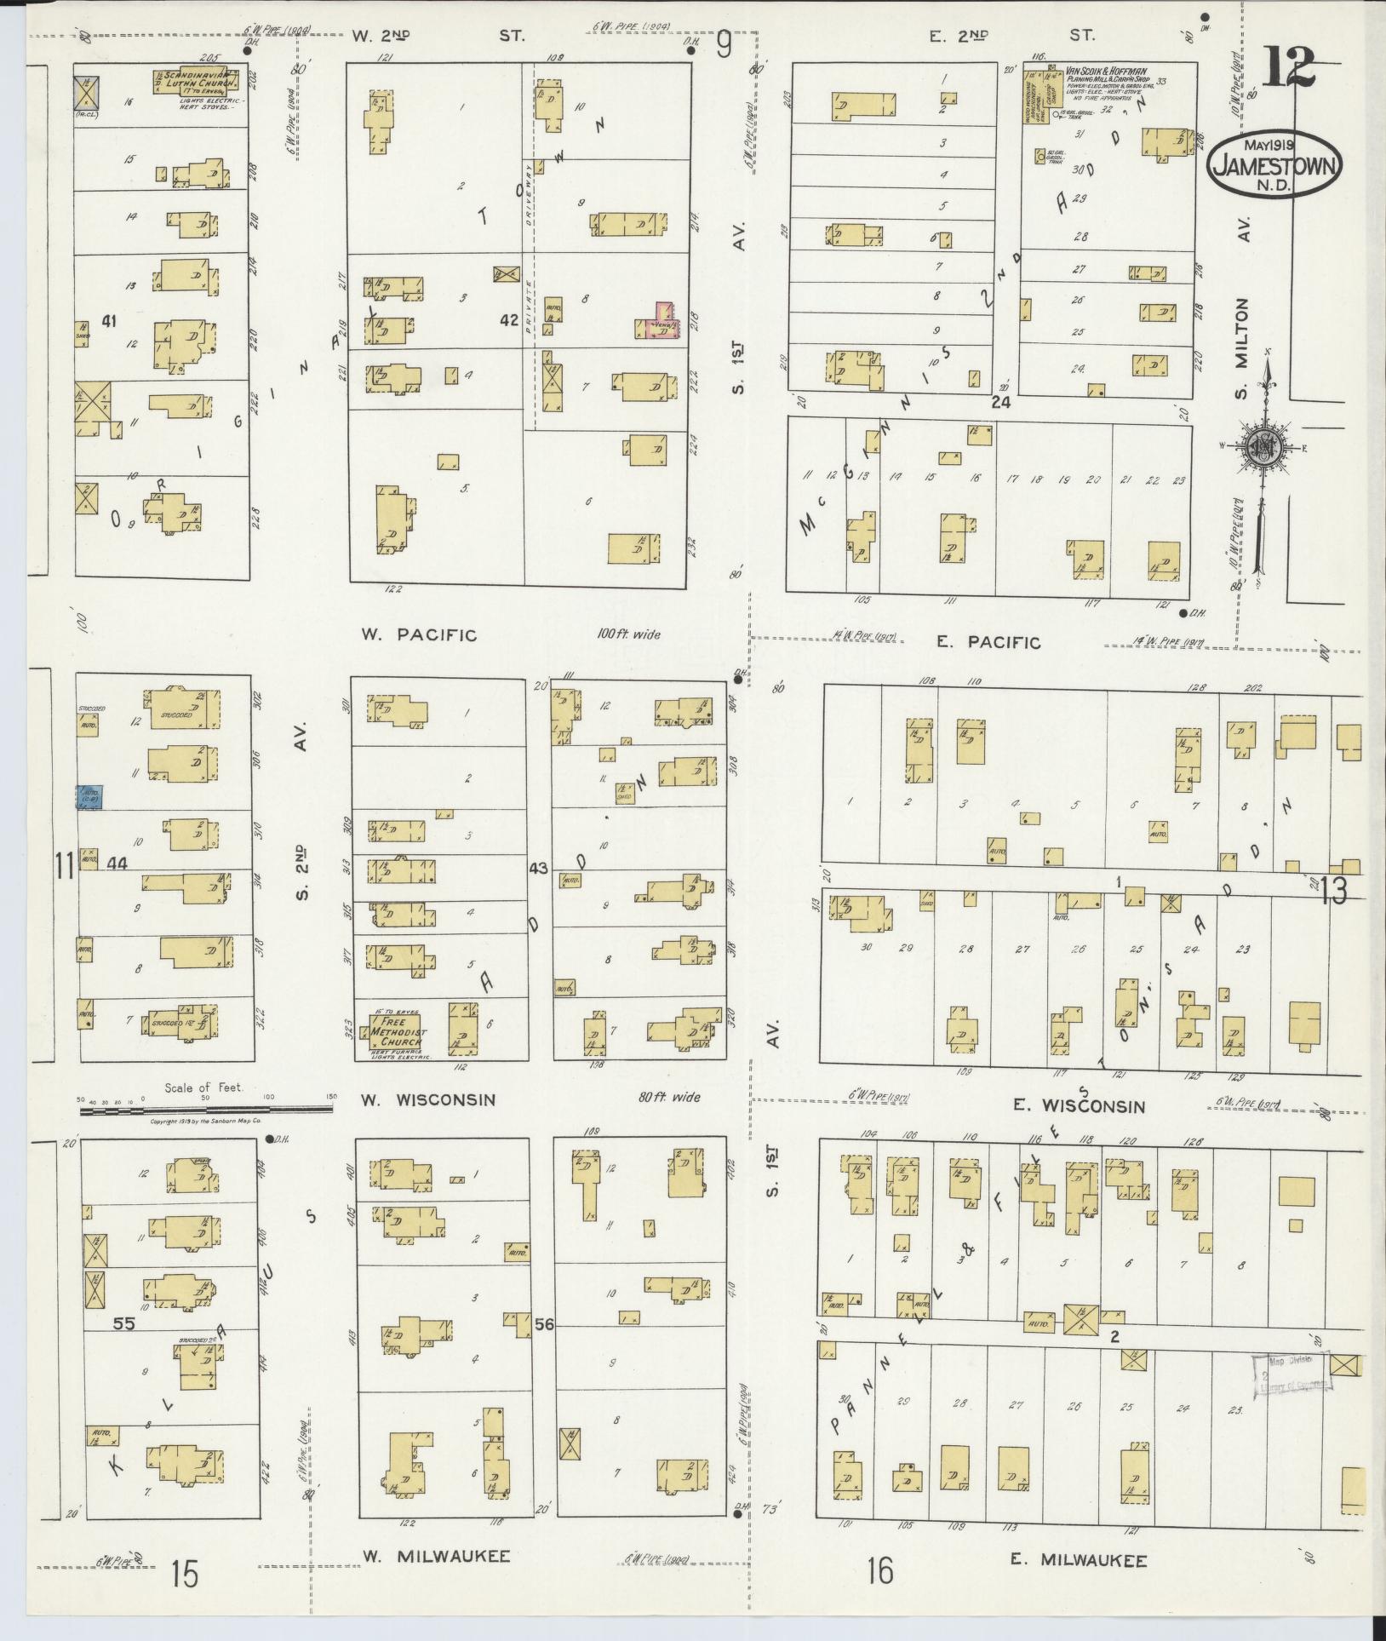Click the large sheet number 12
pyautogui.click(x=1287, y=67)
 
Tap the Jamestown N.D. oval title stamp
pyautogui.click(x=1274, y=165)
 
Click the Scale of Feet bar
pyautogui.click(x=205, y=1110)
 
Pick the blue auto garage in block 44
pyautogui.click(x=89, y=796)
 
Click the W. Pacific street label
pyautogui.click(x=418, y=634)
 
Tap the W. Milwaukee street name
pyautogui.click(x=436, y=1556)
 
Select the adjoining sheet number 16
pyautogui.click(x=881, y=1570)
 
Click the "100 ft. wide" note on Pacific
pyautogui.click(x=628, y=634)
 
